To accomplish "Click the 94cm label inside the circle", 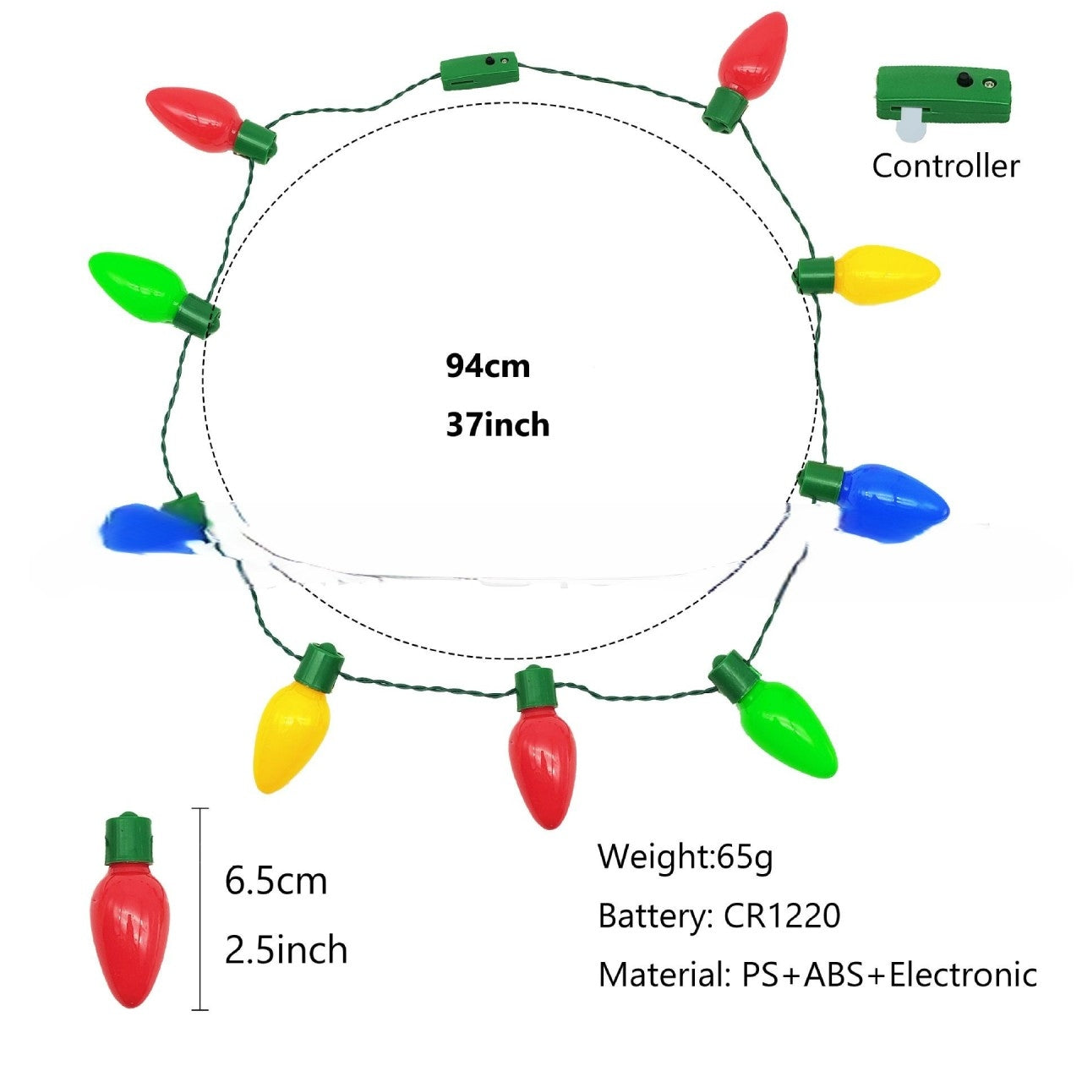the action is pyautogui.click(x=488, y=366).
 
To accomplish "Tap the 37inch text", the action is pyautogui.click(x=498, y=425).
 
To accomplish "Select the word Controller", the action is pyautogui.click(x=946, y=167).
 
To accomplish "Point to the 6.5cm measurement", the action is pyautogui.click(x=276, y=881).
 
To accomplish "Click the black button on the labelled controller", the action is pyautogui.click(x=964, y=78).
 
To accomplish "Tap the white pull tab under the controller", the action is pyautogui.click(x=911, y=123).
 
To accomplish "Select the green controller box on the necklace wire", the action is pyautogui.click(x=479, y=72).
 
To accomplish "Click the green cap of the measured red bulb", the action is pyautogui.click(x=128, y=839).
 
